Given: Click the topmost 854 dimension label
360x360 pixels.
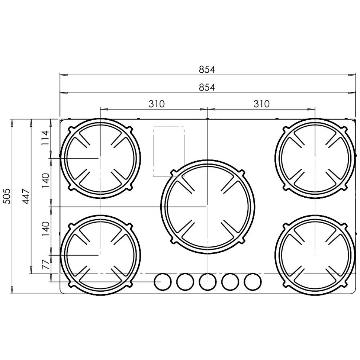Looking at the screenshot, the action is (207, 69).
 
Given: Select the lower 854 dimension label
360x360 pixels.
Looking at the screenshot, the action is (207, 87).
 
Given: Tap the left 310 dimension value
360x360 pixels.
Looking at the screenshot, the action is (157, 104).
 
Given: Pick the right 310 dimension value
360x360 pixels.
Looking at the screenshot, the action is (261, 104).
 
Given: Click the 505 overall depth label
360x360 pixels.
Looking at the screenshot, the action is (6, 196).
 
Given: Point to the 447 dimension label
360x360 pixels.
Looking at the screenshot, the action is (26, 196).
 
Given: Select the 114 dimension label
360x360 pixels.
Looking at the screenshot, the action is (45, 138).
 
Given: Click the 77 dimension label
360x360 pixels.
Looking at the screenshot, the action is (45, 265).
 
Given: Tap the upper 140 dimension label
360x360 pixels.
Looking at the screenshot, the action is (45, 180).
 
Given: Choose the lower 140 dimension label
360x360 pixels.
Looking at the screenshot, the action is (45, 229).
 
